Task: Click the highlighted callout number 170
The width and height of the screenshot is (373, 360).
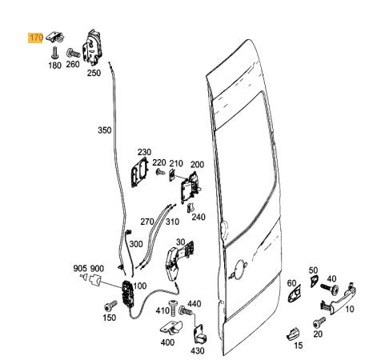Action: tap(35, 38)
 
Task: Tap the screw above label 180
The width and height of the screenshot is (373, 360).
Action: tap(55, 53)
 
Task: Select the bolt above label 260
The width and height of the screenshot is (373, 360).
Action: tap(74, 53)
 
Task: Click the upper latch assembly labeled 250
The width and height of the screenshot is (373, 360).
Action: tap(92, 47)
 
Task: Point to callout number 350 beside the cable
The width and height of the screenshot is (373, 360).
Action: tap(104, 130)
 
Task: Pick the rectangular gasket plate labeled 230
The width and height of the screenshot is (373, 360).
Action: tap(140, 172)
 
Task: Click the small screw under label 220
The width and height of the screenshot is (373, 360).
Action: tap(160, 171)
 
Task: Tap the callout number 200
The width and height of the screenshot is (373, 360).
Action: tap(197, 165)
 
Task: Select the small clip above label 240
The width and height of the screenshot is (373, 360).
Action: tap(191, 208)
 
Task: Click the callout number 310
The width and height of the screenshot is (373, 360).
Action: tap(172, 222)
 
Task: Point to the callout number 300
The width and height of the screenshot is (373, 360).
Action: tap(136, 244)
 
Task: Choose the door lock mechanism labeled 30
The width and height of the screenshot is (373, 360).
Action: tap(178, 261)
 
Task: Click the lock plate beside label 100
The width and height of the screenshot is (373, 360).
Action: tap(126, 294)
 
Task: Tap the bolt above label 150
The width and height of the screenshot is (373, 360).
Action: tap(110, 306)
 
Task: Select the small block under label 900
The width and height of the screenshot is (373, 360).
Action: tap(94, 280)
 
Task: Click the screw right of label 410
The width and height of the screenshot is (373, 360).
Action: tap(173, 307)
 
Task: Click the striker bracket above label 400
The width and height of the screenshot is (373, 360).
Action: tap(171, 328)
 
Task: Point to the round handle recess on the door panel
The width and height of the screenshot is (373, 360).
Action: tap(238, 270)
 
